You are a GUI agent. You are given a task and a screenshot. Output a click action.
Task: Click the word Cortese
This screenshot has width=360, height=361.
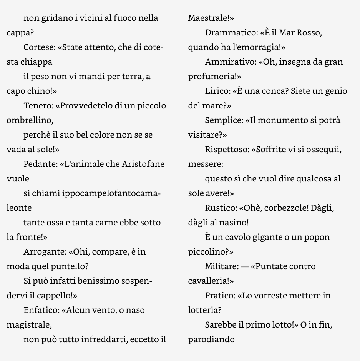pos(39,47)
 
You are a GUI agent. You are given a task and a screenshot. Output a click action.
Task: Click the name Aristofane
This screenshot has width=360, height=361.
pos(143,164)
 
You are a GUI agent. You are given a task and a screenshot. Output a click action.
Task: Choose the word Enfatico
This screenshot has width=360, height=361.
pos(40,310)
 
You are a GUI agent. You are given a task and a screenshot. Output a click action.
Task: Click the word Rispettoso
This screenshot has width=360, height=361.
pos(226,150)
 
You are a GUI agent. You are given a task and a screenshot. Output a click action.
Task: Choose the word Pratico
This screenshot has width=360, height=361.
pos(219,296)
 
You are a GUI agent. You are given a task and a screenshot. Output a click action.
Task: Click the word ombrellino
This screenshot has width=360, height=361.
pos(29,120)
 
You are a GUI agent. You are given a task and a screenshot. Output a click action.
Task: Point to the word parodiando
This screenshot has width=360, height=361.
pos(211,339)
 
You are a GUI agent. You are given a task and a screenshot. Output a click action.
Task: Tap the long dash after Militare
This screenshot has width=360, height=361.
pos(245,266)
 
